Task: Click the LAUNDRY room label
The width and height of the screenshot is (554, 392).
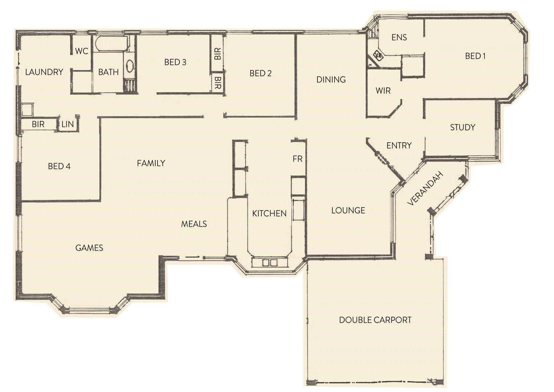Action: point(44,72)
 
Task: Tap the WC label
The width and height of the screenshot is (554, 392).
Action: point(82,51)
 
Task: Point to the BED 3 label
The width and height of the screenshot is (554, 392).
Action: point(175,62)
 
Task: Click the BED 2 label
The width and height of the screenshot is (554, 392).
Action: point(260,73)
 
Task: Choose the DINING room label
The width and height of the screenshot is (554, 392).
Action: point(331,79)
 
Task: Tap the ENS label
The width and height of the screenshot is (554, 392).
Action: point(399,37)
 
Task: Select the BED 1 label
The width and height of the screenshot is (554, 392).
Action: point(475,56)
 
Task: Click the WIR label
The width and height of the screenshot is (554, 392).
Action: point(383,91)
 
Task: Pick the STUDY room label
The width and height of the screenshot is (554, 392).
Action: point(463,127)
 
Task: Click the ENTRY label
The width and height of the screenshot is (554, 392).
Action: point(399,146)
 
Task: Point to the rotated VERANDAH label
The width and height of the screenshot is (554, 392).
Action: point(425,188)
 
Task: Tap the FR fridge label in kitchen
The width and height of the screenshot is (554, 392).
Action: point(297,159)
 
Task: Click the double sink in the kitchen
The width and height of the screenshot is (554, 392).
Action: point(270,262)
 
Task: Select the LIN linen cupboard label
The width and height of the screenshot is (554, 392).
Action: point(67,124)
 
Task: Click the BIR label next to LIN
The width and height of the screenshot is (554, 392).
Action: point(38,124)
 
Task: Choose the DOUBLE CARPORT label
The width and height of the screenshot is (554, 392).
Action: point(375,320)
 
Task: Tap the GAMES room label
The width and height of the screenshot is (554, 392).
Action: point(89,248)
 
